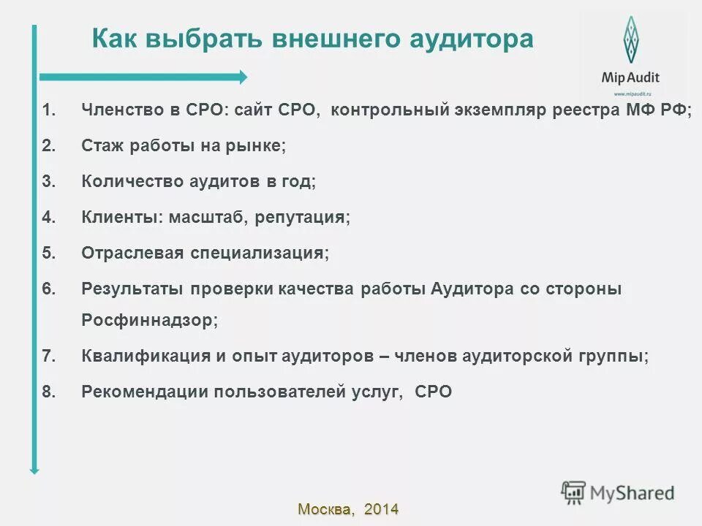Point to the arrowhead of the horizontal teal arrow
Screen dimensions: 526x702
tap(243, 77)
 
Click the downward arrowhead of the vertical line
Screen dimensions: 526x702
tap(34, 470)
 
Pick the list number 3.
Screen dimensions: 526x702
tap(48, 182)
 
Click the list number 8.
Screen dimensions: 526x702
tap(48, 392)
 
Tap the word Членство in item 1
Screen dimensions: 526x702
tap(118, 110)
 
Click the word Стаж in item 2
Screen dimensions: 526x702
tap(102, 146)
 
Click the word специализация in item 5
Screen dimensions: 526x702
tap(260, 254)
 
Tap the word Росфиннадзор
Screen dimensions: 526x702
tap(149, 321)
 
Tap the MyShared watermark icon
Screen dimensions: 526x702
tap(574, 492)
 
